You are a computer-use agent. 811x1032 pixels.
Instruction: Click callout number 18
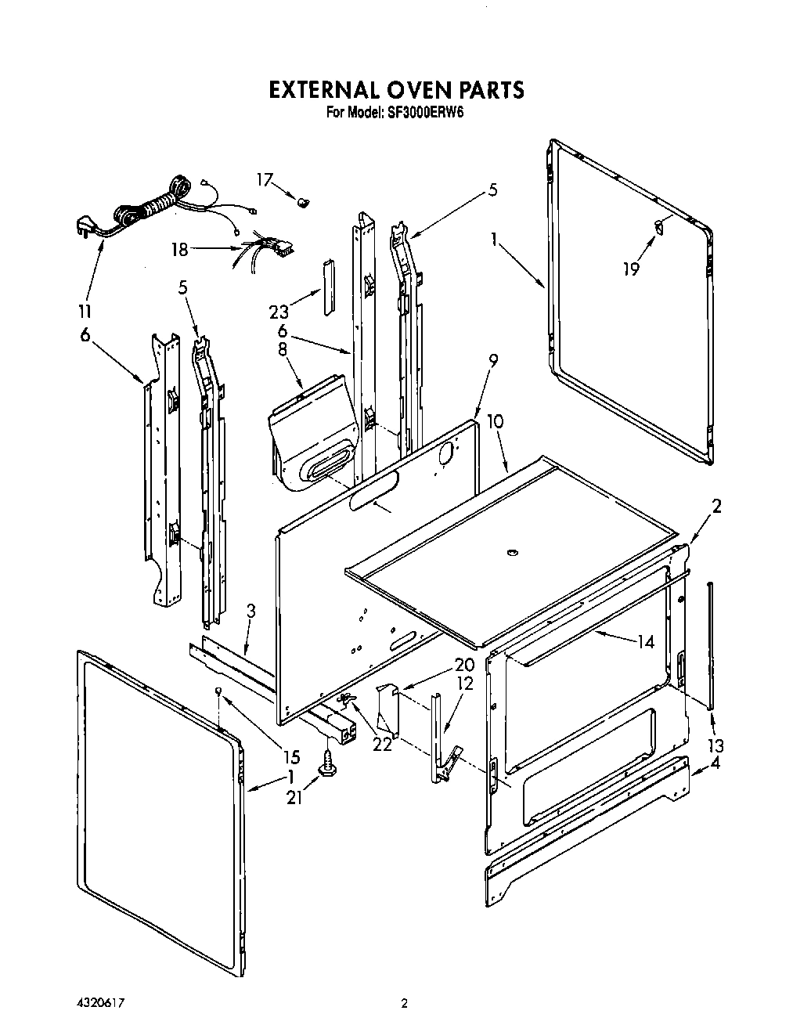tap(180, 250)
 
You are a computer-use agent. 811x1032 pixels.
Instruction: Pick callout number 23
tap(279, 311)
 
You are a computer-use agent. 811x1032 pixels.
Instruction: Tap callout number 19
tap(631, 269)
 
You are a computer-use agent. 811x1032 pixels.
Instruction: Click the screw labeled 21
tap(327, 763)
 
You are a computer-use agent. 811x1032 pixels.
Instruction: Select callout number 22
tap(382, 744)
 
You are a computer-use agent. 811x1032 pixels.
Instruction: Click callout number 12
tap(465, 684)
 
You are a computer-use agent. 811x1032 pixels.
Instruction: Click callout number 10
tap(495, 422)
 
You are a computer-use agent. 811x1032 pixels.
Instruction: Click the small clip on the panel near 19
tap(660, 227)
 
